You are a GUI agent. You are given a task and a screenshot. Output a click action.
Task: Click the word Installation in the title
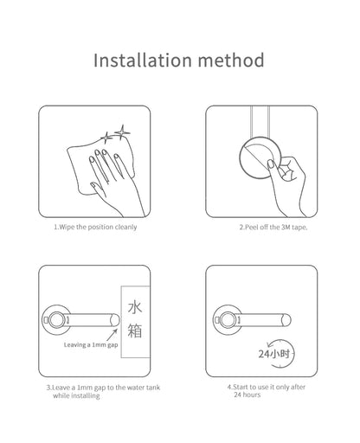[143, 60]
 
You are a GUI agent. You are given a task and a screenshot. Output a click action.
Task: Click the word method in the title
[231, 60]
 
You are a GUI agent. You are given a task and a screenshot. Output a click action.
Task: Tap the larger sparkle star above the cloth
[122, 132]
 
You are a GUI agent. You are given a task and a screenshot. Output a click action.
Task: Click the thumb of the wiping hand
[97, 188]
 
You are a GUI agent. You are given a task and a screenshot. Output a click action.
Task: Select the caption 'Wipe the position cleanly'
[98, 227]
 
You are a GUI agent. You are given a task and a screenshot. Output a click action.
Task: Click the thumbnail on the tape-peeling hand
[271, 164]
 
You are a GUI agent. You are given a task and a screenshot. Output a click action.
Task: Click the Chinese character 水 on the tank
[135, 307]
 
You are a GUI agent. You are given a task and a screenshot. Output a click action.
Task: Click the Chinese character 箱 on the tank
[135, 331]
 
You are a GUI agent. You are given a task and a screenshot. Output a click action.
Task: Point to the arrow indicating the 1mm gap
[112, 335]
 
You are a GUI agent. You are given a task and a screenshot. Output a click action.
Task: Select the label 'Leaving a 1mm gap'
[91, 345]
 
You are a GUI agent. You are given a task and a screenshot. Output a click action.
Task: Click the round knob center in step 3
[55, 320]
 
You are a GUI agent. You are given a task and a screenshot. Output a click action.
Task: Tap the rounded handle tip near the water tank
[115, 320]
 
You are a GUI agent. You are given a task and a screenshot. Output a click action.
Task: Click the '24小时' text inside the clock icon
[273, 354]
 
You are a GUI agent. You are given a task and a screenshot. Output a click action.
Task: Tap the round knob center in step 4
[227, 320]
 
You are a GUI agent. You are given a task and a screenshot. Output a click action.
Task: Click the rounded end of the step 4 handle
[286, 320]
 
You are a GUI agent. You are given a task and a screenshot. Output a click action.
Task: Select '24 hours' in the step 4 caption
[247, 395]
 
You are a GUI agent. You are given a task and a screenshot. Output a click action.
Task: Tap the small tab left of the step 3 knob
[46, 320]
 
